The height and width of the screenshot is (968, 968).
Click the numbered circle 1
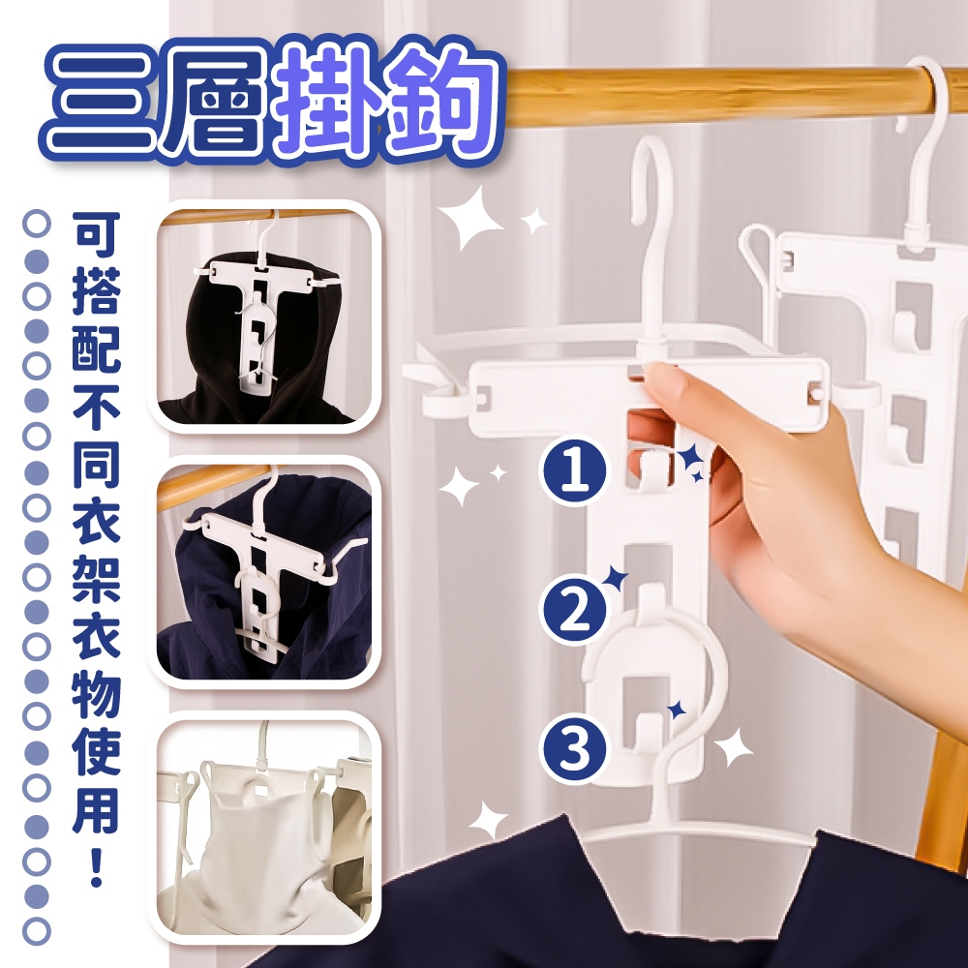pyautogui.click(x=575, y=471)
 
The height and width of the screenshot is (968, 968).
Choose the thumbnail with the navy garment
pyautogui.click(x=264, y=572)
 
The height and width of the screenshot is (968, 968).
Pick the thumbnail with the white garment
pyautogui.click(x=264, y=828)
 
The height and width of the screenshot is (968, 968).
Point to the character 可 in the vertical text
pyautogui.click(x=96, y=234)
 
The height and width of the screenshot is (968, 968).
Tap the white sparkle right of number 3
pyautogui.click(x=734, y=747)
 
